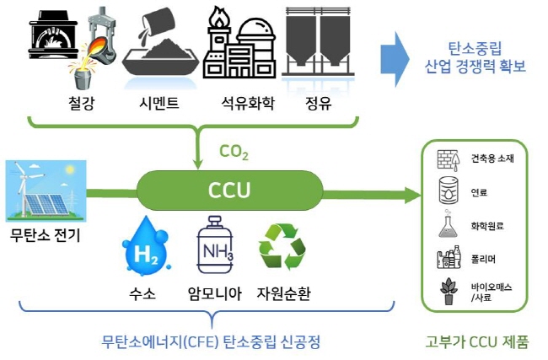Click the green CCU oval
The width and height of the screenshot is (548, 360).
[x=229, y=191]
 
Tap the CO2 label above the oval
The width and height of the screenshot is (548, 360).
[x=234, y=152]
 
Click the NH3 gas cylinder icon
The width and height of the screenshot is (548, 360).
[x=215, y=244]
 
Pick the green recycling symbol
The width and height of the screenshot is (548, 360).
[x=282, y=247]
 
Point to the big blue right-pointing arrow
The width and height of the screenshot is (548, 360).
[x=395, y=59]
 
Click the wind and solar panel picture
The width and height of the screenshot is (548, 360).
[x=46, y=191]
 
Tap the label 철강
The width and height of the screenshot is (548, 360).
[x=82, y=103]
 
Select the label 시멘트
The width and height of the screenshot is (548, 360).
[x=159, y=103]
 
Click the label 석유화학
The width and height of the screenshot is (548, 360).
[x=248, y=103]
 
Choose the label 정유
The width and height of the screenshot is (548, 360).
[x=318, y=103]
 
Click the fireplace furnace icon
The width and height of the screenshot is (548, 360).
[x=53, y=35]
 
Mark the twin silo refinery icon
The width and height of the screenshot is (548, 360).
[x=318, y=41]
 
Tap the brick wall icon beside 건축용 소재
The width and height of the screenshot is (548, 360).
[x=449, y=160]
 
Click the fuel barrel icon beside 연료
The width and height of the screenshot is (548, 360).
[x=449, y=191]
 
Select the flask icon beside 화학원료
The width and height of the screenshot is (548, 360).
[x=448, y=223]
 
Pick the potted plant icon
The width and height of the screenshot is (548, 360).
[x=449, y=291]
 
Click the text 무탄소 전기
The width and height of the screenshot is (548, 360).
[x=45, y=235]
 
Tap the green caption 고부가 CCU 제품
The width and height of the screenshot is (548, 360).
[x=477, y=341]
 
